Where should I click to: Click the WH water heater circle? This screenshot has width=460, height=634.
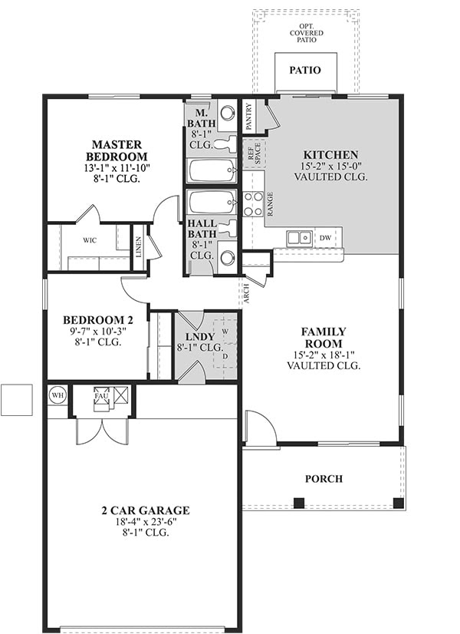click(x=58, y=395)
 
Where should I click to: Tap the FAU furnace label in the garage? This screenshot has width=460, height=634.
click(x=101, y=396)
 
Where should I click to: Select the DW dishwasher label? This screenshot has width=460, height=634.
click(x=325, y=238)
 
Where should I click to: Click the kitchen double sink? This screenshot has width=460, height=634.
click(x=299, y=238)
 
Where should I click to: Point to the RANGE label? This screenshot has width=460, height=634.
click(x=270, y=204)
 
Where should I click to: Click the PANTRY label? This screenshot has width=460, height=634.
click(x=248, y=117)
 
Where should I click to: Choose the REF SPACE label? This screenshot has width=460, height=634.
click(x=254, y=154)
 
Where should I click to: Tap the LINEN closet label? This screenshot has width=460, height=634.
click(x=139, y=247)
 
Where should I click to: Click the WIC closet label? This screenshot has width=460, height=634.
click(x=90, y=240)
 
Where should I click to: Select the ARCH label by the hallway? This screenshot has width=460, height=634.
click(x=246, y=294)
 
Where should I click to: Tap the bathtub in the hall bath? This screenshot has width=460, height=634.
click(x=212, y=202)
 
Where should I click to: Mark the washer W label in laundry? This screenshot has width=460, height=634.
click(x=225, y=331)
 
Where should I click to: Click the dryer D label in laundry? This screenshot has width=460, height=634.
click(x=225, y=356)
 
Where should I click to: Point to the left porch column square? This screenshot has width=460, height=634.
click(x=298, y=503)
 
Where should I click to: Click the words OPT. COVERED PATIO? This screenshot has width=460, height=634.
click(x=307, y=33)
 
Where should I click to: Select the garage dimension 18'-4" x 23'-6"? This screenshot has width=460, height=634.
click(x=146, y=522)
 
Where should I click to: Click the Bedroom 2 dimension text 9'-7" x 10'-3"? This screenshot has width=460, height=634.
click(x=97, y=331)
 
